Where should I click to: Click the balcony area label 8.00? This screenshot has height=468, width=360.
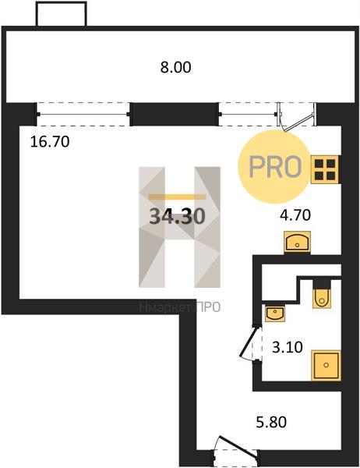pos(175,67)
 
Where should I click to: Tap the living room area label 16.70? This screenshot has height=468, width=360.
pos(50,141)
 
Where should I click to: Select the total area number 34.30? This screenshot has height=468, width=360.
pos(177,216)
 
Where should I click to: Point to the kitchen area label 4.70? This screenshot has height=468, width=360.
pos(295,215)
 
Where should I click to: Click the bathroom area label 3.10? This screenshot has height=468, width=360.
pos(288,347)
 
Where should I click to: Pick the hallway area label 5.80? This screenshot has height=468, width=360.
pos(271,422)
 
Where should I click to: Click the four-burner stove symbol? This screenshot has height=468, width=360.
pos(325,169)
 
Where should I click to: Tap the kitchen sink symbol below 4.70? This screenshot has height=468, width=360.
pos(298,243)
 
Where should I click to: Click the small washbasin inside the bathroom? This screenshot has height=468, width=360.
pos(275,314)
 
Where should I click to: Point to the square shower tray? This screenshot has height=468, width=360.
pos(326,365)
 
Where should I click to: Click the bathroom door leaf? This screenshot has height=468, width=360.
pos(248,342)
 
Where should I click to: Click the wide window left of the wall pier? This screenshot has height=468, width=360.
pos(83,114)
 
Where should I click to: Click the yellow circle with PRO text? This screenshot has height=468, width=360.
pos(274,167)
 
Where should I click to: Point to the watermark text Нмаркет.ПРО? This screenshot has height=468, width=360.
pos(179,307)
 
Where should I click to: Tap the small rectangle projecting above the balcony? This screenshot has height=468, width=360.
pos(61,14)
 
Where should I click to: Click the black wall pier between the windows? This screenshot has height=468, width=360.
pos(175,115)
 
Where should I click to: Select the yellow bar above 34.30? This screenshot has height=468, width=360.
pos(177,197)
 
